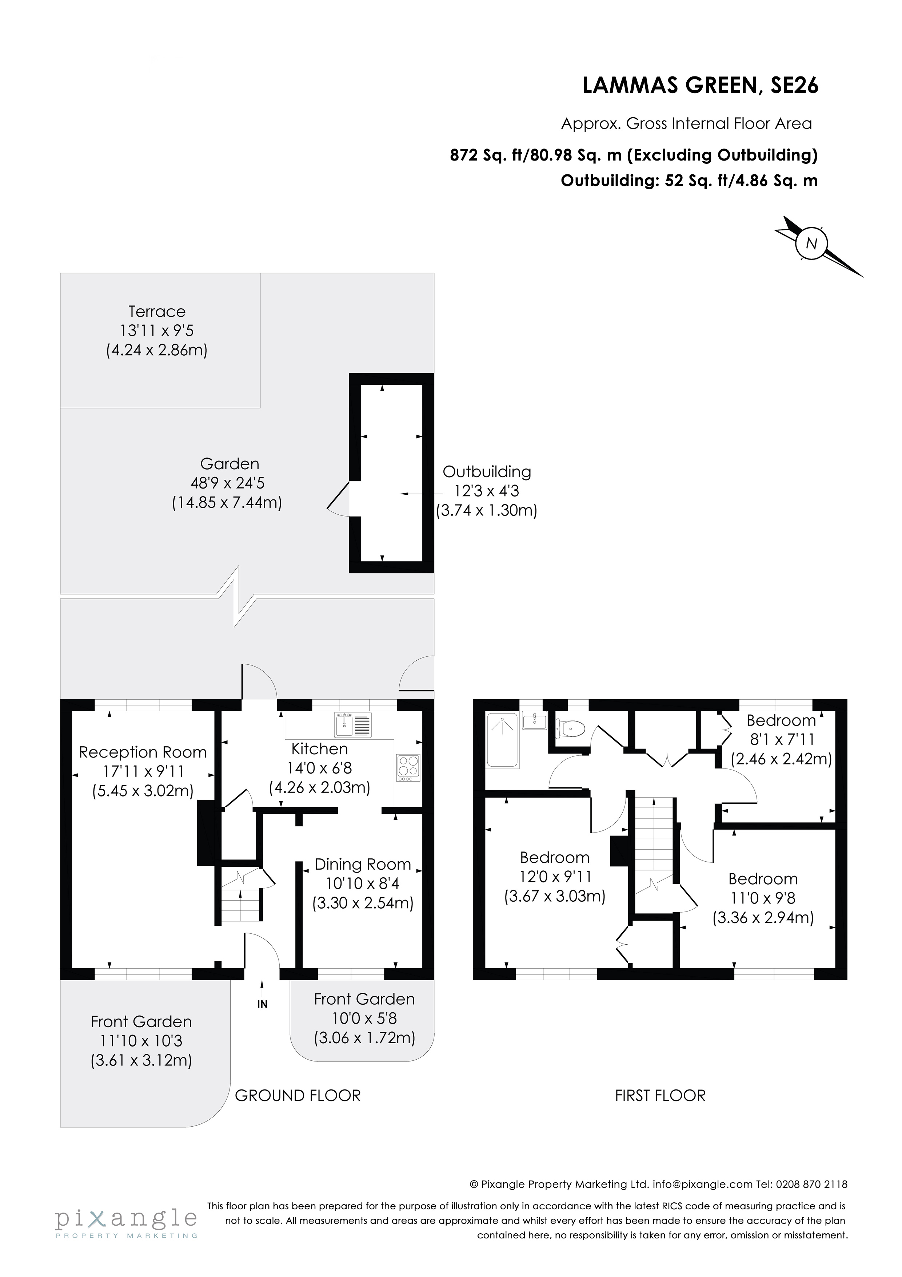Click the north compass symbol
tap(812, 244)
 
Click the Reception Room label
tap(143, 752)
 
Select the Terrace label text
tap(157, 312)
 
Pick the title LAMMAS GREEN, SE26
tap(700, 86)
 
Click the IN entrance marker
tap(262, 1004)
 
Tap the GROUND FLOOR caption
tap(298, 1096)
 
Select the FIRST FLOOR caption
tap(660, 1096)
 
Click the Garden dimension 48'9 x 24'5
tap(227, 483)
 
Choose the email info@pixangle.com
tap(702, 1185)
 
